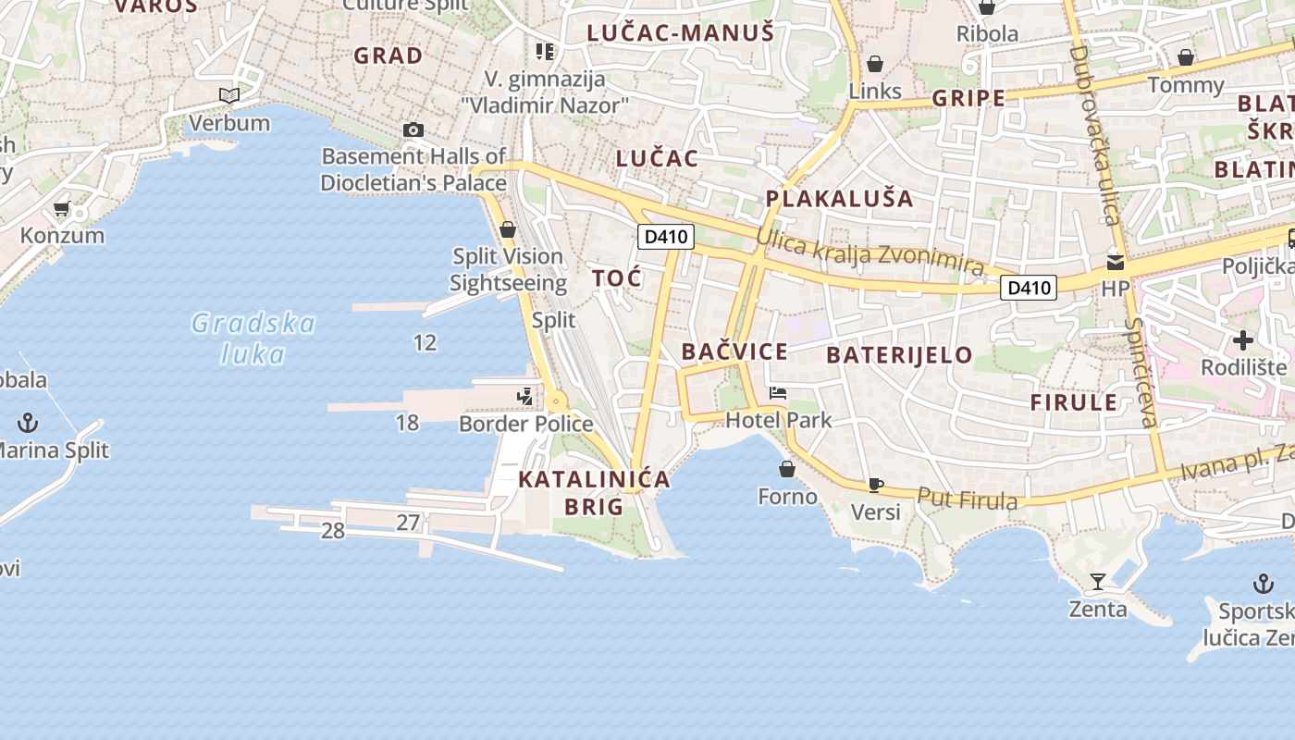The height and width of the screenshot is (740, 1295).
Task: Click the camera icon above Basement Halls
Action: [x=413, y=130]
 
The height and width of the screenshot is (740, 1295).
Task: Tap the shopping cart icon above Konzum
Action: [x=62, y=209]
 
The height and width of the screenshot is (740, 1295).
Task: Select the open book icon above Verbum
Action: [x=228, y=95]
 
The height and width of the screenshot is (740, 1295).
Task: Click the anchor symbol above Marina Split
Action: [x=29, y=424]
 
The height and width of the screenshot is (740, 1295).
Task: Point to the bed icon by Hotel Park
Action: [x=778, y=394]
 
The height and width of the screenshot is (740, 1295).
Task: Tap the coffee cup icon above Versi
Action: [x=875, y=484]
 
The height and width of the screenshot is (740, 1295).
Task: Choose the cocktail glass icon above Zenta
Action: [x=1098, y=582]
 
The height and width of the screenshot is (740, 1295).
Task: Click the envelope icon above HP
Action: [x=1116, y=263]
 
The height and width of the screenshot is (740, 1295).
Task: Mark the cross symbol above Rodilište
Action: [x=1243, y=340]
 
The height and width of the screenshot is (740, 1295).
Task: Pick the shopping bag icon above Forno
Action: [x=787, y=470]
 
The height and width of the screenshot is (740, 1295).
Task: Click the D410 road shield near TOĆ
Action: [x=666, y=237]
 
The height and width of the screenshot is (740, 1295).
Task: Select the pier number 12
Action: [x=425, y=343]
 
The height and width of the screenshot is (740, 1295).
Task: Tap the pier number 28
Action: [x=332, y=531]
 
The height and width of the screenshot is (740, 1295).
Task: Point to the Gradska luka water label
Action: [x=253, y=338]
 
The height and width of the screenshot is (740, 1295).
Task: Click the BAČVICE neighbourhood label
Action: [x=734, y=351]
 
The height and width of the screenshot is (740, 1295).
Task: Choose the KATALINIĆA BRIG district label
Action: [x=594, y=492]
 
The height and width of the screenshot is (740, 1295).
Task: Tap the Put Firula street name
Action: [x=968, y=499]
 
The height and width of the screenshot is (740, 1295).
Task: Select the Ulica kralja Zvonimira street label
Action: [x=869, y=251]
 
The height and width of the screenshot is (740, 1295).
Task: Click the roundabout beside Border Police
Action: [x=557, y=401]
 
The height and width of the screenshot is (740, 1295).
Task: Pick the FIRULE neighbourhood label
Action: [x=1074, y=402]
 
